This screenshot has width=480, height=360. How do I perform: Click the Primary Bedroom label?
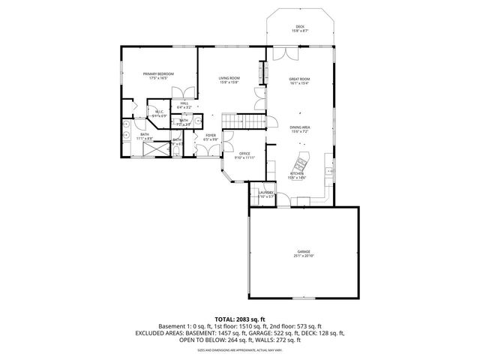[x=161, y=73]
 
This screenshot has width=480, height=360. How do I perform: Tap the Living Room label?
[x=229, y=78]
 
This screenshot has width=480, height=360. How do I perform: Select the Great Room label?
[x=300, y=78]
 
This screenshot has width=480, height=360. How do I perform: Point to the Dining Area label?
[x=300, y=127]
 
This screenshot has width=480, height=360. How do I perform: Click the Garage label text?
[x=303, y=251]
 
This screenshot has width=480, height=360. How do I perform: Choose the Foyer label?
[x=211, y=136]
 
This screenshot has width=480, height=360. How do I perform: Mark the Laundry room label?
[x=266, y=193]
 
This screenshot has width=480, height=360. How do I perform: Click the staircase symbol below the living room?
[x=247, y=121]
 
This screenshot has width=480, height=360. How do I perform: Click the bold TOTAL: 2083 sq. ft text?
[x=239, y=319]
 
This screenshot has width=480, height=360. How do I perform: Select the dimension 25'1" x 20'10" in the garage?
[x=303, y=256]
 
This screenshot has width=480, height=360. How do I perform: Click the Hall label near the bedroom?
[x=184, y=103]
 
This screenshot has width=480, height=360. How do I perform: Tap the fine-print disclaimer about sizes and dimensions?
[x=239, y=349]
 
